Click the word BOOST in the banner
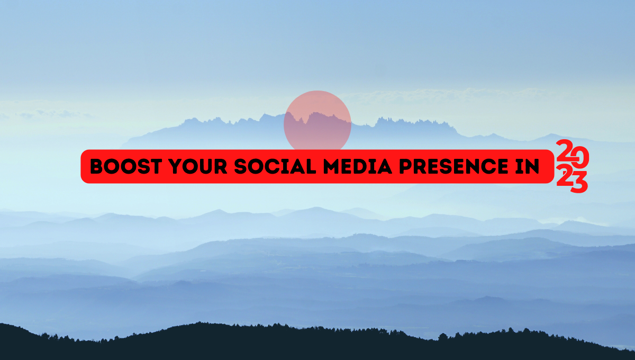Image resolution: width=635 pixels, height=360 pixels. pos(126,166)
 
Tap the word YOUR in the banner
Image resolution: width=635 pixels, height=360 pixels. pos(198,166)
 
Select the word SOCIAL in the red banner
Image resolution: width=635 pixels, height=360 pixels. pos(275,166)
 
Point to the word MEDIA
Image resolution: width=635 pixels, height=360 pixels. pos(358,166)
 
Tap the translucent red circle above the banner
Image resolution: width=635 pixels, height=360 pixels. pos(317,120)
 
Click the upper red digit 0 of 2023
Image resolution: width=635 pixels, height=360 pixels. pos(580,157)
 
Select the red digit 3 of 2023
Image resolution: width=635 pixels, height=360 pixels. pos(579,182)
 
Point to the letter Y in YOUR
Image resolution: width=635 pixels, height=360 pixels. pos(176,166)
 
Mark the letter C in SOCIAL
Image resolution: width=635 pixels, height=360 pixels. pos(274,166)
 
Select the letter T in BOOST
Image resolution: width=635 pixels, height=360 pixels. pos(156,166)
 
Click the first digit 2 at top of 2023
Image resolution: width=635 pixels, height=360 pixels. pos(564,150)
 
